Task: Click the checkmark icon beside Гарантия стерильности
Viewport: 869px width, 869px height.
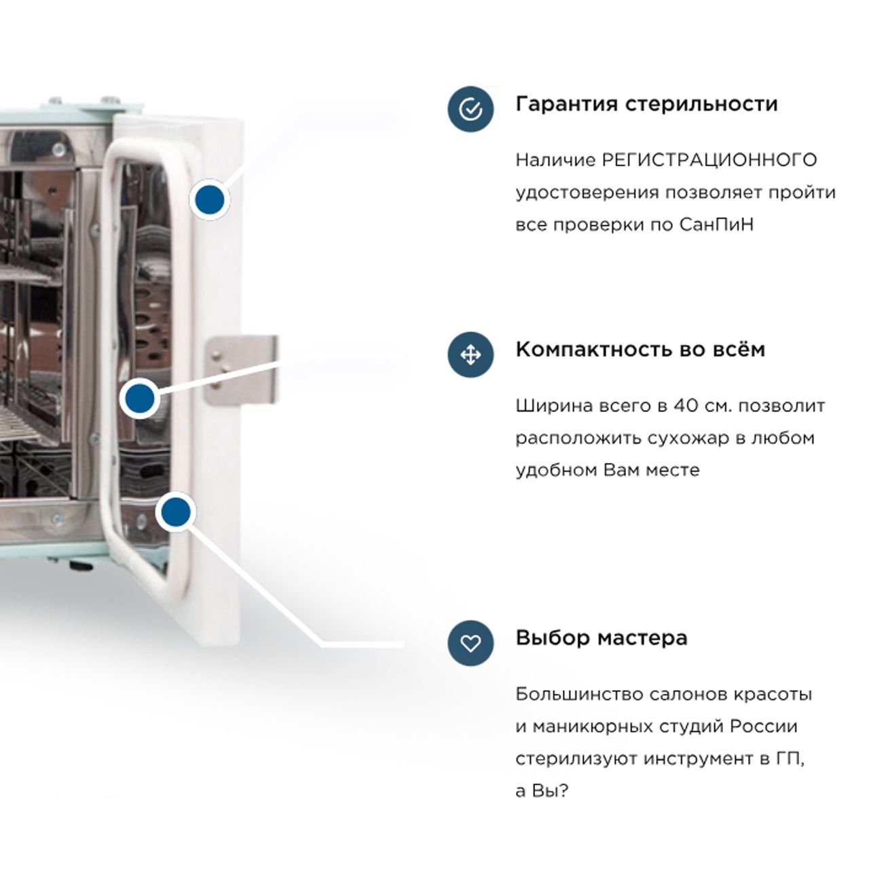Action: coord(470,109)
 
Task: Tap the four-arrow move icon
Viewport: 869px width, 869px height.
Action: coord(470,355)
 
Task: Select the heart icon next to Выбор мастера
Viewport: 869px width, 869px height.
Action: coord(470,643)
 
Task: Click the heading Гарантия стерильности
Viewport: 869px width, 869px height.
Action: coord(647,104)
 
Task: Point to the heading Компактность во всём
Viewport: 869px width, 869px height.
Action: coord(640,350)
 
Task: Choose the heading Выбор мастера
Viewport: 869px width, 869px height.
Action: coord(602,637)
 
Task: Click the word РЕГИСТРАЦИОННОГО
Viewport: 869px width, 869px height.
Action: coord(710,160)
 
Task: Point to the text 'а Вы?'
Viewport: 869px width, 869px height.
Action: coord(542,791)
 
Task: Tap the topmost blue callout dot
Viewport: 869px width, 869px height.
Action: coord(210,200)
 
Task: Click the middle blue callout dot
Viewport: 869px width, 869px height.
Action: coord(141,399)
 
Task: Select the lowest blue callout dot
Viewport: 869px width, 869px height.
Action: coord(176,512)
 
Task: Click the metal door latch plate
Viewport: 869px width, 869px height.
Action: coord(241,369)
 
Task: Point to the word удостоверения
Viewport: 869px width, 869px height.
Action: coord(587,193)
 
